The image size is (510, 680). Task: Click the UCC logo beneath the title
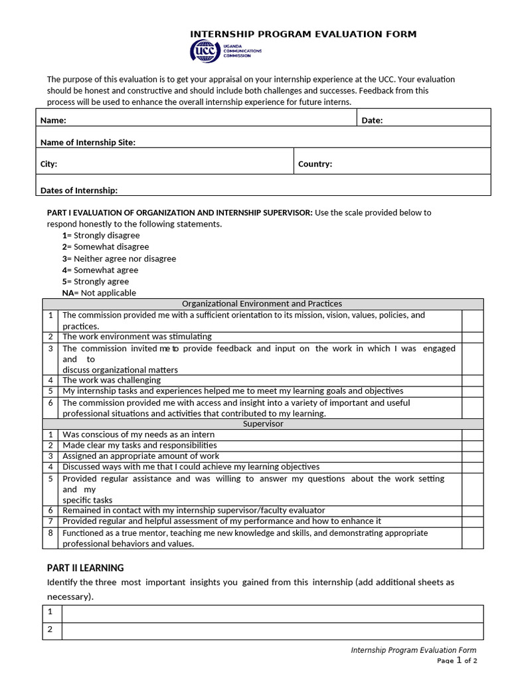pos(226,51)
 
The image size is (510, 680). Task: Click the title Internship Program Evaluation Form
pos(303,34)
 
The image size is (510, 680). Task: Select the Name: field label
pos(53,120)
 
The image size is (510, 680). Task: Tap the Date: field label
pos(372,120)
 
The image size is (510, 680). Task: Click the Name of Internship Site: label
pos(88,142)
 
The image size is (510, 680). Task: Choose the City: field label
pos(48,163)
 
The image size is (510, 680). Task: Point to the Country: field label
pos(315,163)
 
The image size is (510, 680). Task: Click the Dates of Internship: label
pos(78,190)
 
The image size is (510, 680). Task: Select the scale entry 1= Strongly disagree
pos(101,235)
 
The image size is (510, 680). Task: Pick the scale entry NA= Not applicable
pos(99,292)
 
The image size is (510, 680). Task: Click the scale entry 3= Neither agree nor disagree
pos(119,258)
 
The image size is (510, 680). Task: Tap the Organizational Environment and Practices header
pos(262,303)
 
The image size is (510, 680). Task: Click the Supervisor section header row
pos(263,423)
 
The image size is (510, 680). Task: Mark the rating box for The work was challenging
pos(472,380)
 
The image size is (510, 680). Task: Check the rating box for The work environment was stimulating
pos(472,337)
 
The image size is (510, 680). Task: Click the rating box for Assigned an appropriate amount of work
pos(472,456)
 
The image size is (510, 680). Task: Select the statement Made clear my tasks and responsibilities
pos(139,445)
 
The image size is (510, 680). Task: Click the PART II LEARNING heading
pos(85,568)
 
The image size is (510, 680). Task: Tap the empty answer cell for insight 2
pos(272,630)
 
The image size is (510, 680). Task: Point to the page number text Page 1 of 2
pos(457,661)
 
